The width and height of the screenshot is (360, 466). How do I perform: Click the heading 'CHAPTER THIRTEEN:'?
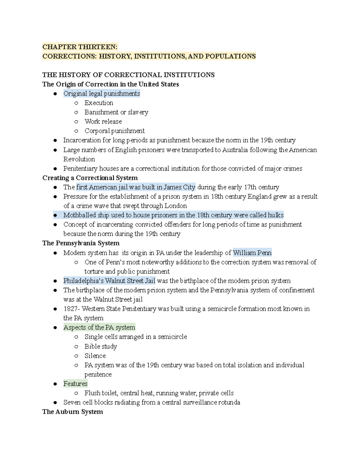click(x=80, y=47)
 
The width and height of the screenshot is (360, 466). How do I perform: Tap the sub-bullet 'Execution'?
click(x=99, y=103)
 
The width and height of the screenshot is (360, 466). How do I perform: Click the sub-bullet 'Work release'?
click(x=103, y=122)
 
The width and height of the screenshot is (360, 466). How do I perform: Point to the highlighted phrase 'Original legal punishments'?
click(x=101, y=94)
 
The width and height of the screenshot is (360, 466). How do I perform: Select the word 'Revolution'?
click(x=79, y=159)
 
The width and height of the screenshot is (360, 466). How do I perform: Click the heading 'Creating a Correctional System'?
click(x=90, y=178)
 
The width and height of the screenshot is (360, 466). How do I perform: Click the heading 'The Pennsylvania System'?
click(x=81, y=243)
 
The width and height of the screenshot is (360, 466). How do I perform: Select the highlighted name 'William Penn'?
click(x=252, y=253)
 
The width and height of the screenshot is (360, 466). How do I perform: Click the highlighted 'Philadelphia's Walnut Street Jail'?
click(x=109, y=281)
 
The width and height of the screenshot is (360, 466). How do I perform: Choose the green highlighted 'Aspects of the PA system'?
click(x=99, y=327)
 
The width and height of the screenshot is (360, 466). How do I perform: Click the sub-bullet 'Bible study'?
click(x=100, y=346)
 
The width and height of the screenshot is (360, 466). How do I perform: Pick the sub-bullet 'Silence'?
click(x=95, y=356)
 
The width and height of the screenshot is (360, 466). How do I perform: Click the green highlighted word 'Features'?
click(x=75, y=384)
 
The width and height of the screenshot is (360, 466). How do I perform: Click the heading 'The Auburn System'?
click(x=72, y=412)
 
